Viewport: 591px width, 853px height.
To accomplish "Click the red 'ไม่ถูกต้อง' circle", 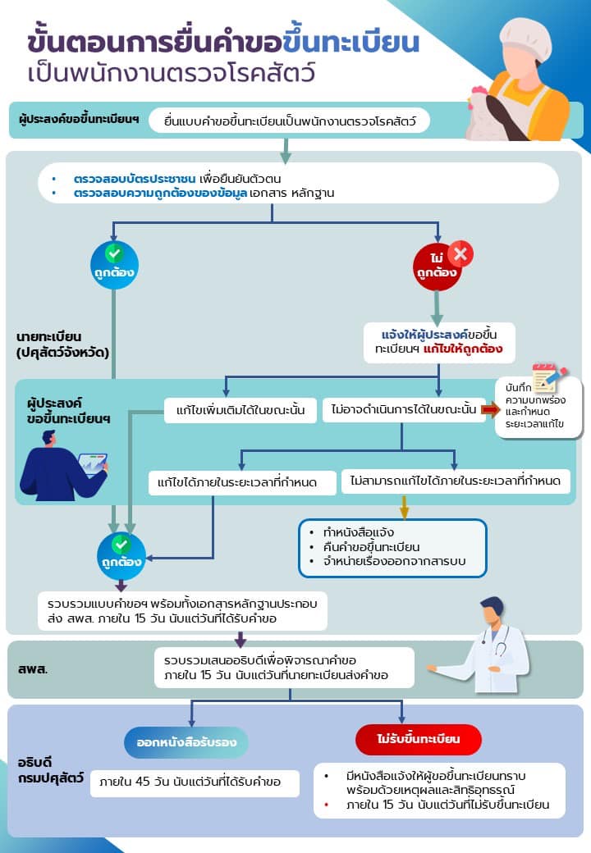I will tap(437, 267).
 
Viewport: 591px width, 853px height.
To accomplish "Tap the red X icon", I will tap(460, 253).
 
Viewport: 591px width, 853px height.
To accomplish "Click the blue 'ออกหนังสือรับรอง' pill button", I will tap(186, 742).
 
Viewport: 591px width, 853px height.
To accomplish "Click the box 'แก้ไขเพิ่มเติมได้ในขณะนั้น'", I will tap(235, 409).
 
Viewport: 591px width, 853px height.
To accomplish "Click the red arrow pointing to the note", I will tap(491, 408).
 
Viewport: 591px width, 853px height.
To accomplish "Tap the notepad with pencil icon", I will tap(547, 378).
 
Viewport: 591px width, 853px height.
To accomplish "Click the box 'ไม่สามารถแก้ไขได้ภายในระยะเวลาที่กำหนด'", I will tap(456, 480).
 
